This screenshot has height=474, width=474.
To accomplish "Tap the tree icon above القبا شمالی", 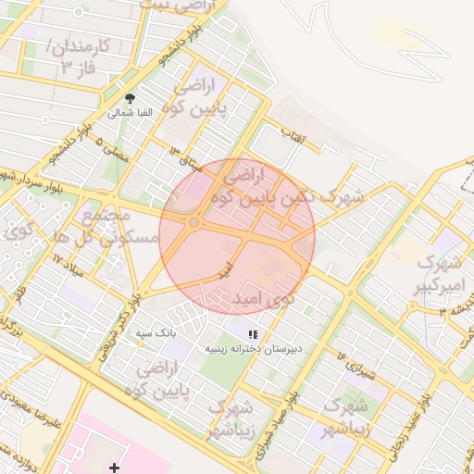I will [129, 98].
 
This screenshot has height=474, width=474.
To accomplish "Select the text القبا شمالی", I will [125, 113].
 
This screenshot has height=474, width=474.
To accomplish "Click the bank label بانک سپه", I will [156, 331].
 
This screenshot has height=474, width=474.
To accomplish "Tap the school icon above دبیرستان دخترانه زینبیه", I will [253, 333].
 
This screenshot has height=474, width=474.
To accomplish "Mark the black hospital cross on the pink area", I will [114, 468].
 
